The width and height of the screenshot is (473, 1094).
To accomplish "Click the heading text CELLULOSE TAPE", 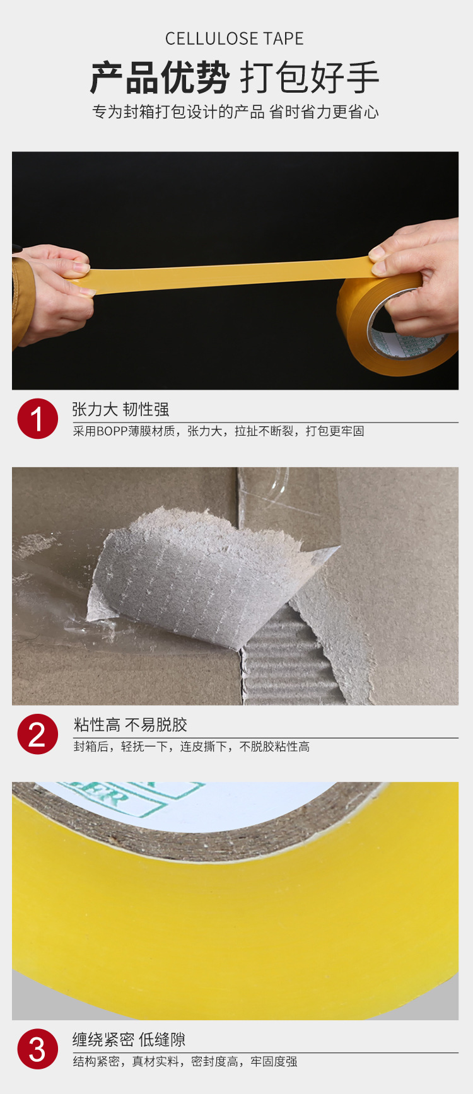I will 235,39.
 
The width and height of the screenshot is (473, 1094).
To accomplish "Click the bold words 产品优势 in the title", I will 160,78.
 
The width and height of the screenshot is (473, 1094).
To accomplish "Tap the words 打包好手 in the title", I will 310,78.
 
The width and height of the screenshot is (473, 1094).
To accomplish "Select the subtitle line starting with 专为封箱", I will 235,112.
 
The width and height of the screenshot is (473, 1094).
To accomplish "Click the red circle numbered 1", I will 38,419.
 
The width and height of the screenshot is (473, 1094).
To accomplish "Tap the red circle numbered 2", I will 38,734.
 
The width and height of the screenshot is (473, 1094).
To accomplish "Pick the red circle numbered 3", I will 38,1049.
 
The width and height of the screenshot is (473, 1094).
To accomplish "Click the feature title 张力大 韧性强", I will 120,409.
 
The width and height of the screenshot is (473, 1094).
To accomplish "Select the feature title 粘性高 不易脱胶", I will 131,724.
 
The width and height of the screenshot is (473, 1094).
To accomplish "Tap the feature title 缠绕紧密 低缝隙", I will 129,1040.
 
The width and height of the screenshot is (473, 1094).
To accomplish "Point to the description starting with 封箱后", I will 191,747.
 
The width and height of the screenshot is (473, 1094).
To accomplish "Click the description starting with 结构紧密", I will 185,1062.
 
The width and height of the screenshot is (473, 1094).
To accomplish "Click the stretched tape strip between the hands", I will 227,274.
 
